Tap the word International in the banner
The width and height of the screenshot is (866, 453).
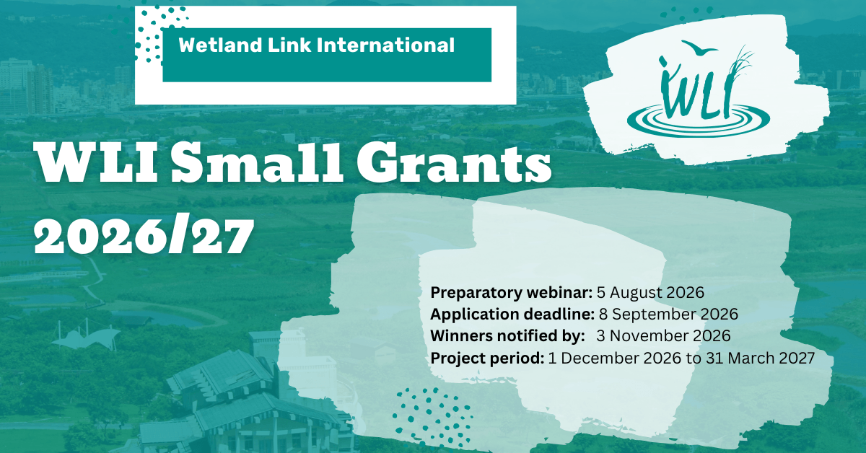coord(385,45)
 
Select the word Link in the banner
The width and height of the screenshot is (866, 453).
coord(289,45)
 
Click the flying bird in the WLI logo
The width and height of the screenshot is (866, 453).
coord(699,48)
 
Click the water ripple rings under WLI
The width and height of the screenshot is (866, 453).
coord(699,119)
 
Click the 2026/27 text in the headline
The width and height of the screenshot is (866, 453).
coord(144,235)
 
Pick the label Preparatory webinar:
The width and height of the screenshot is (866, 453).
coord(511,293)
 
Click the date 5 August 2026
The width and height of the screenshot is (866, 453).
coord(650,292)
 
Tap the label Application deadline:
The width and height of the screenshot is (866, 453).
coord(512,315)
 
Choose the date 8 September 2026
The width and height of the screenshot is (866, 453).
coord(668,314)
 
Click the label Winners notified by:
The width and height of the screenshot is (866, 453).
coord(507,335)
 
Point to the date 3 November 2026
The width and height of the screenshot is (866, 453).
coord(663,335)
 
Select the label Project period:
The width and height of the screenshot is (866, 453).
coord(487,358)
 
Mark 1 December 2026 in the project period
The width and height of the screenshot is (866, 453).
coord(615,358)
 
